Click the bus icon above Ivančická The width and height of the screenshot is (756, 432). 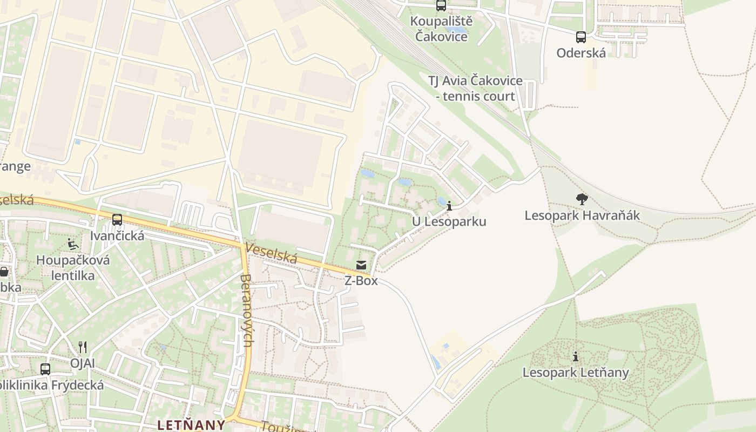(x=117, y=220)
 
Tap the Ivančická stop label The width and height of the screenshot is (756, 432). (x=117, y=236)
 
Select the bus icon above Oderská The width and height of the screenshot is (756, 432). (x=581, y=37)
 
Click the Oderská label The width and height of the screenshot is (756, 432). (x=581, y=53)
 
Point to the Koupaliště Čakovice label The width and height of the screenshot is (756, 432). (x=441, y=29)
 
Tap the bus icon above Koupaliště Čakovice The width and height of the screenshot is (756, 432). (x=441, y=6)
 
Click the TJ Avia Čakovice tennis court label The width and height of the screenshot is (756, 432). (x=475, y=89)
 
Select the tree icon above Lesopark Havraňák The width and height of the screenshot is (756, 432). (x=582, y=199)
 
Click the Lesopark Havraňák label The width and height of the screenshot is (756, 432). (x=582, y=215)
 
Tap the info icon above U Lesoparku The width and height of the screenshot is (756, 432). (x=449, y=206)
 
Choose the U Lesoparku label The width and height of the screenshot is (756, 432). (x=449, y=221)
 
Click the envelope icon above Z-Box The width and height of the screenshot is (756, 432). (x=361, y=265)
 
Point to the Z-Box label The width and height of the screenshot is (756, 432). (x=361, y=281)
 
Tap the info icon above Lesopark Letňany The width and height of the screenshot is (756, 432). (x=576, y=357)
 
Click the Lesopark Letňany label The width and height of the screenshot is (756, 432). (x=576, y=373)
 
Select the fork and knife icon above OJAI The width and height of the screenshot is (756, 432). (x=82, y=347)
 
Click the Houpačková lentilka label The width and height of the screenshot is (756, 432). (x=73, y=268)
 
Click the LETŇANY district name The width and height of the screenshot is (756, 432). (x=191, y=424)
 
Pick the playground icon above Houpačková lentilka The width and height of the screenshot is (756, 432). (x=73, y=245)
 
